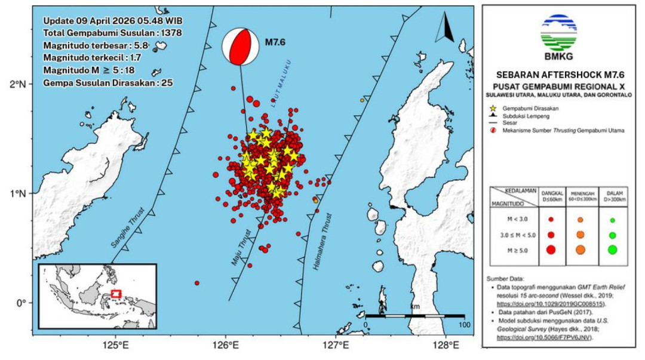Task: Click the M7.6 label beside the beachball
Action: tap(276, 42)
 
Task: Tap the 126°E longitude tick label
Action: tap(225, 346)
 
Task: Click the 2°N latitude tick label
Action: tap(20, 84)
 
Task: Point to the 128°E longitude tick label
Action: tap(446, 346)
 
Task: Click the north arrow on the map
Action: tap(446, 29)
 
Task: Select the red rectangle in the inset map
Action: tap(116, 294)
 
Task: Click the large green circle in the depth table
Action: tap(612, 250)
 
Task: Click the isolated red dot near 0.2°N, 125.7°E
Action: tap(196, 283)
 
